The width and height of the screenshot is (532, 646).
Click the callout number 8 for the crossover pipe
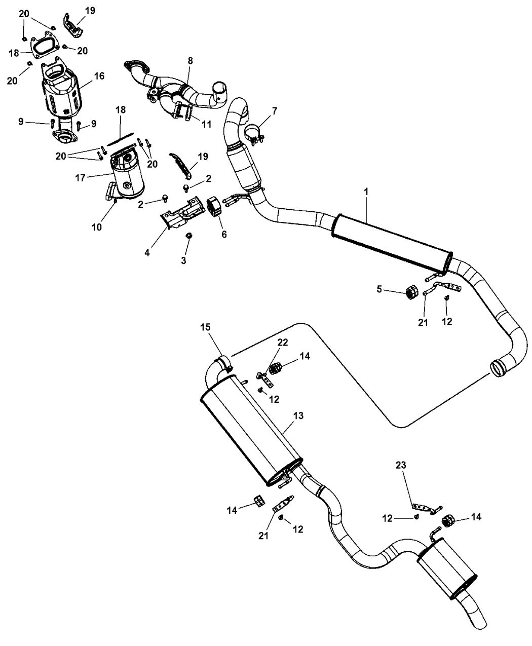pos(190,60)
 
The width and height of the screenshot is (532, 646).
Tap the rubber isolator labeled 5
pos(412,292)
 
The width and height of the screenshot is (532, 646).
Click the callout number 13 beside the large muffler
pos(299,415)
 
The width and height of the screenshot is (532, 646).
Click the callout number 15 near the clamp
pos(218,328)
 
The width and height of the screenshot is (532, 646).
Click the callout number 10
pos(96,227)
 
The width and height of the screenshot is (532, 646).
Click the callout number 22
pos(282,342)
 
